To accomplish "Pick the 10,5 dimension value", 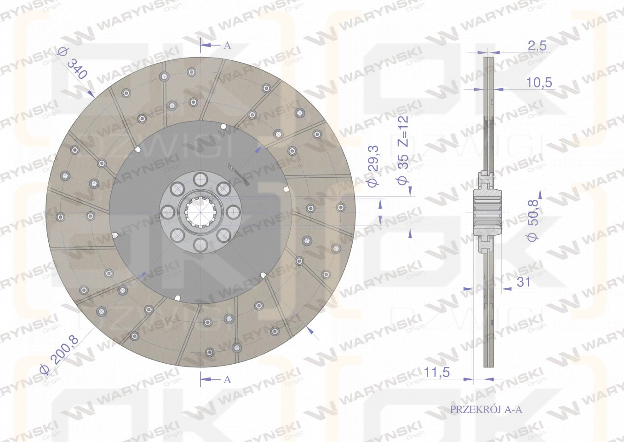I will pyautogui.click(x=538, y=82).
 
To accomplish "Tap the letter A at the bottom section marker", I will pyautogui.click(x=226, y=379).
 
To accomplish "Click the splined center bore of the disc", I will pyautogui.click(x=201, y=211).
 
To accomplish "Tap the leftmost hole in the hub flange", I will pyautogui.click(x=168, y=212).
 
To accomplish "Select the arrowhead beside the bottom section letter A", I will pyautogui.click(x=206, y=379).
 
